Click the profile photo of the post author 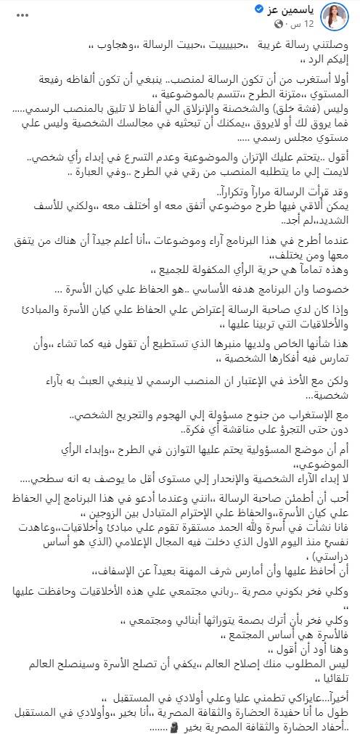click(337, 18)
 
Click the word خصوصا click(329, 289)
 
